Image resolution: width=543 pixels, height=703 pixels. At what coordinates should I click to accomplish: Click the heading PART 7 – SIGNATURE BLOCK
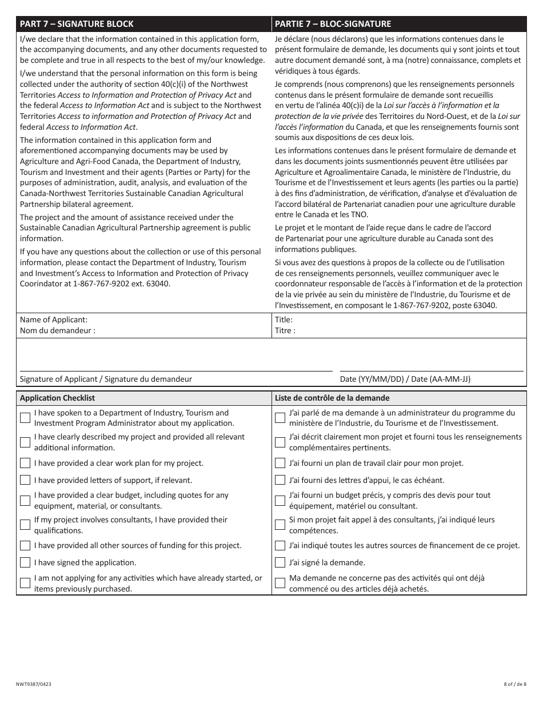(77, 24)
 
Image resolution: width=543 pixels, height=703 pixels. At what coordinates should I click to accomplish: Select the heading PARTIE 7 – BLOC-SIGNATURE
(333, 24)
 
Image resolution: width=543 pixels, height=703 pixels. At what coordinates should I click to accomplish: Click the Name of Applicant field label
(54, 320)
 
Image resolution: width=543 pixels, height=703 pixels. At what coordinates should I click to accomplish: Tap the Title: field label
(284, 320)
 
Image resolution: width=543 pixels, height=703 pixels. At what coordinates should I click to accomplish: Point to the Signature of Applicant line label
(106, 379)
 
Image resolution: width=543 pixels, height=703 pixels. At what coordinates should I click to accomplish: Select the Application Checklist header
(57, 398)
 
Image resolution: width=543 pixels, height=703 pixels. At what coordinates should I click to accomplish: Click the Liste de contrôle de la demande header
(332, 398)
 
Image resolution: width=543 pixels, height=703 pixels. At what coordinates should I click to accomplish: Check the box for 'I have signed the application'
(25, 562)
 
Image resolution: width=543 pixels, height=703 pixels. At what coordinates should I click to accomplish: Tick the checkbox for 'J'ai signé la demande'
(280, 562)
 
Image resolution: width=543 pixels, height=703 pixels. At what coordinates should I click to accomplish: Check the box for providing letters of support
(25, 480)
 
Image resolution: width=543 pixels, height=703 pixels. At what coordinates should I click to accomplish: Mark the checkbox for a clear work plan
(25, 463)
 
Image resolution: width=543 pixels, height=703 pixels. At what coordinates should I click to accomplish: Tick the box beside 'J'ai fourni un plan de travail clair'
(280, 463)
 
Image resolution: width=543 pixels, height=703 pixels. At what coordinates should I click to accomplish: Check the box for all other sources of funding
(25, 545)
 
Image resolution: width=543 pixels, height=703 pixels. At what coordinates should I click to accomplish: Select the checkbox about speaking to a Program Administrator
(25, 418)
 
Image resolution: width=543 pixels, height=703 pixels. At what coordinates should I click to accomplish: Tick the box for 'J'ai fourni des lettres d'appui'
(280, 480)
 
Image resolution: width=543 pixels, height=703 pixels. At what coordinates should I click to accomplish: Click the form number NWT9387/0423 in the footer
(36, 684)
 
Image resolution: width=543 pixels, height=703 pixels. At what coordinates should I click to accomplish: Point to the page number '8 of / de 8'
(515, 684)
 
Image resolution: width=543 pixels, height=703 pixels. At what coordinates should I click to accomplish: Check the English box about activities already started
(25, 583)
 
